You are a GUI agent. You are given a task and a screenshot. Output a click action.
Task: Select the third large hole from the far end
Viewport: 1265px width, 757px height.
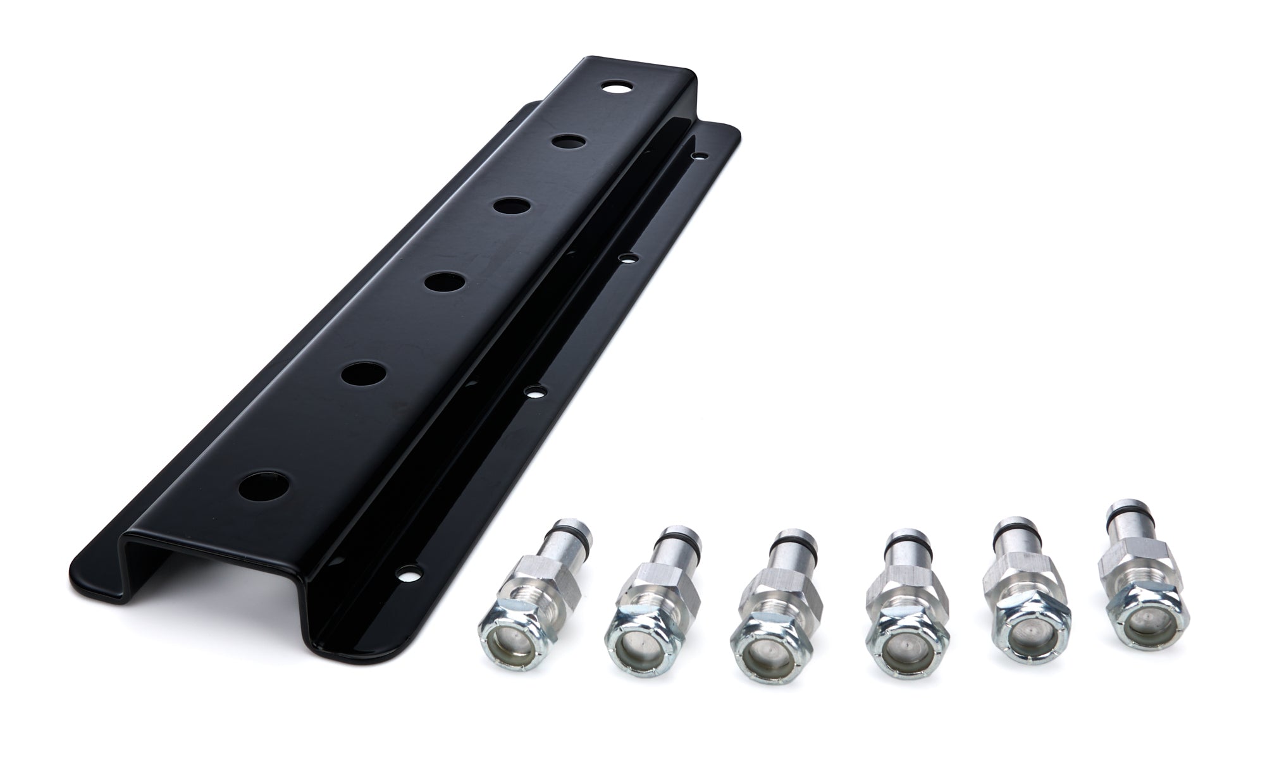(x=511, y=206)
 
